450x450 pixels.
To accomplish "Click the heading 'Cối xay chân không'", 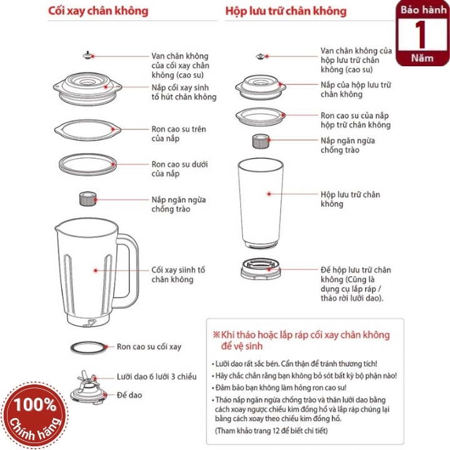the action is coord(98,11).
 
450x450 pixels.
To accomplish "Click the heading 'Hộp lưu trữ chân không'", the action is coord(286,11).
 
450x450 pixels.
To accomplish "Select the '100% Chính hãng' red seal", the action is coord(35,415).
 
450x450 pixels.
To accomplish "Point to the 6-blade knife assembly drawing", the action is coord(88,387).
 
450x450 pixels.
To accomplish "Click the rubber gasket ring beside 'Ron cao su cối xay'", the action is coord(88,347).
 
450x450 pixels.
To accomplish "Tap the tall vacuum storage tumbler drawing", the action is coord(261,203).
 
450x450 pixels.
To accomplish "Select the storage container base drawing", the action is coord(261,269).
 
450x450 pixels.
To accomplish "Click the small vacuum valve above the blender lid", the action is coord(88,55).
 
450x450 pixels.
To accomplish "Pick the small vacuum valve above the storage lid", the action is coord(260,56).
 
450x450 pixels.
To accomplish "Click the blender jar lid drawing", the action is coord(87,88).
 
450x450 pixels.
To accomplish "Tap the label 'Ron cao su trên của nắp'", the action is coord(179,134).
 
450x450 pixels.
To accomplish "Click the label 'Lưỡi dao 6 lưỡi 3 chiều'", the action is coord(157,376).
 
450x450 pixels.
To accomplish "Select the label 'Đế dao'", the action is coord(129,395).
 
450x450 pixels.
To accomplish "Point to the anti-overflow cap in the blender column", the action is coord(88,199).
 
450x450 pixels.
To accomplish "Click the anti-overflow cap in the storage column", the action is coord(261,141).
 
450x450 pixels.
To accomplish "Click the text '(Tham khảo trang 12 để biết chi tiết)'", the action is coord(271,431).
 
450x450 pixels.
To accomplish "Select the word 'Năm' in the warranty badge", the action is coord(422,58).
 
